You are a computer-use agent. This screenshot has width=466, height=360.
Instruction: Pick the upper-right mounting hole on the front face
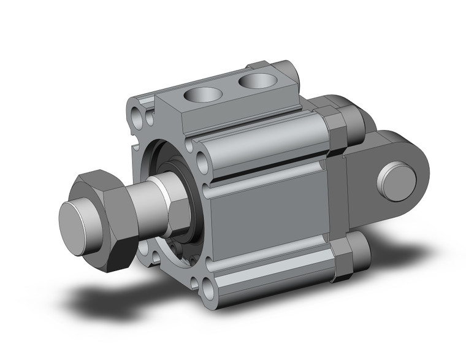(x=199, y=148)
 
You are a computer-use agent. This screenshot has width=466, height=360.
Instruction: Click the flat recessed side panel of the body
(x=270, y=218)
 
